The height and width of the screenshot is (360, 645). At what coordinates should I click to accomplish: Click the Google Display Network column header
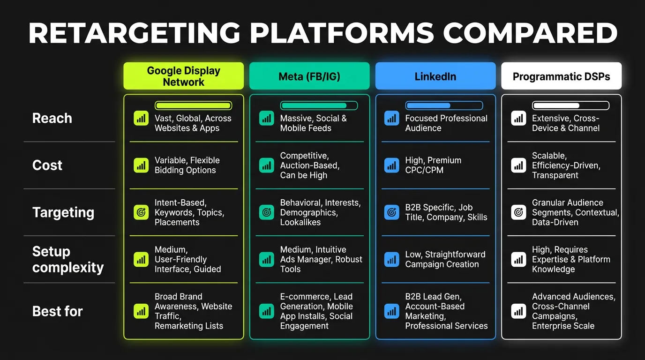tap(183, 76)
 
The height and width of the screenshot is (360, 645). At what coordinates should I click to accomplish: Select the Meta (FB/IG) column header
tap(309, 76)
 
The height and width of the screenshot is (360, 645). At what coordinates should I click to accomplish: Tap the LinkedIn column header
tap(435, 76)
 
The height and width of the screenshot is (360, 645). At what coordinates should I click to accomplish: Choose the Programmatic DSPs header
tap(561, 76)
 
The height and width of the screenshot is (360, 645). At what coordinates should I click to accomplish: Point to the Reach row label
tap(52, 118)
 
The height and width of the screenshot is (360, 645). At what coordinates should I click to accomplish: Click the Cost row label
tap(47, 165)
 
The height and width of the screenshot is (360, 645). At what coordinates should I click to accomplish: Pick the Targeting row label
tap(63, 212)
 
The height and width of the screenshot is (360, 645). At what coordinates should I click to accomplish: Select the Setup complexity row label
tap(67, 259)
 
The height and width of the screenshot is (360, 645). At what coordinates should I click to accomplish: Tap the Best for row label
tap(57, 311)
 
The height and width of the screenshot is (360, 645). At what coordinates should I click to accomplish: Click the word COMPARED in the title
tap(530, 33)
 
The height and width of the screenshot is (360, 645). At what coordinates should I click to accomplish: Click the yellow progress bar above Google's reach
tap(193, 105)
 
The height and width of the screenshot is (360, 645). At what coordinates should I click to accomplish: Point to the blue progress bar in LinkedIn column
tap(444, 105)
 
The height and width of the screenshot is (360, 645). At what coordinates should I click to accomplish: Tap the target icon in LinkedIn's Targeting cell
tap(391, 212)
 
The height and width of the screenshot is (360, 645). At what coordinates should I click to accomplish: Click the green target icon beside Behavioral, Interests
tap(266, 212)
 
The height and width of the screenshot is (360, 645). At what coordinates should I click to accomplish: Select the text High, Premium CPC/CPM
tap(433, 165)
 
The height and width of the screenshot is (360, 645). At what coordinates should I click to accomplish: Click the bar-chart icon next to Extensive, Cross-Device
tap(518, 118)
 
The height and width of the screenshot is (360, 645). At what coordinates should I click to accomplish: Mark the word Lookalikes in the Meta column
tap(300, 222)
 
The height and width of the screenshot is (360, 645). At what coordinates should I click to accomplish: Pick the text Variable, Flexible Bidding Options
tap(187, 165)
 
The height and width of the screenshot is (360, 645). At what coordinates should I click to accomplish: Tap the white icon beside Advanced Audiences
tap(518, 311)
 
